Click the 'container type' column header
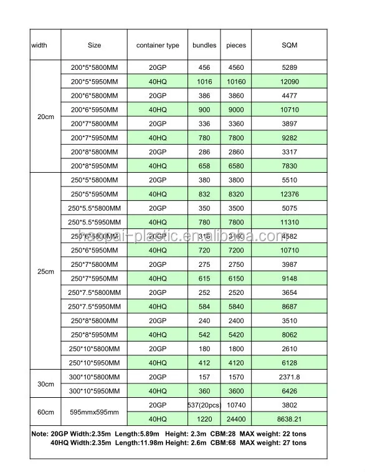[x=158, y=46]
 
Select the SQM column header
[x=290, y=46]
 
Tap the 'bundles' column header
[x=204, y=46]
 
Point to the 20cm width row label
[x=45, y=117]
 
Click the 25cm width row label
[x=45, y=271]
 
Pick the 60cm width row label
[x=45, y=412]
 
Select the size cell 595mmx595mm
[x=95, y=412]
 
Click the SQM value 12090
[x=290, y=82]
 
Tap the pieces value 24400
[x=236, y=419]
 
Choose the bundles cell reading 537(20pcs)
[x=204, y=405]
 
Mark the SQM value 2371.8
[x=290, y=377]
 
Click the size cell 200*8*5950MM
[x=95, y=166]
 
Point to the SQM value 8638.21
[x=290, y=419]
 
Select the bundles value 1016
[x=204, y=82]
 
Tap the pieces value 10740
[x=236, y=405]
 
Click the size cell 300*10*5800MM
[x=95, y=377]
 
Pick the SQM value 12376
[x=290, y=194]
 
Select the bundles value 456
[x=204, y=67]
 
